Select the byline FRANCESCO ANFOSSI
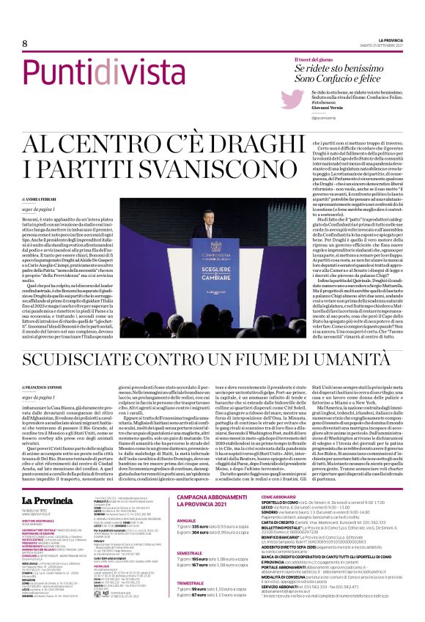[47, 385]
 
